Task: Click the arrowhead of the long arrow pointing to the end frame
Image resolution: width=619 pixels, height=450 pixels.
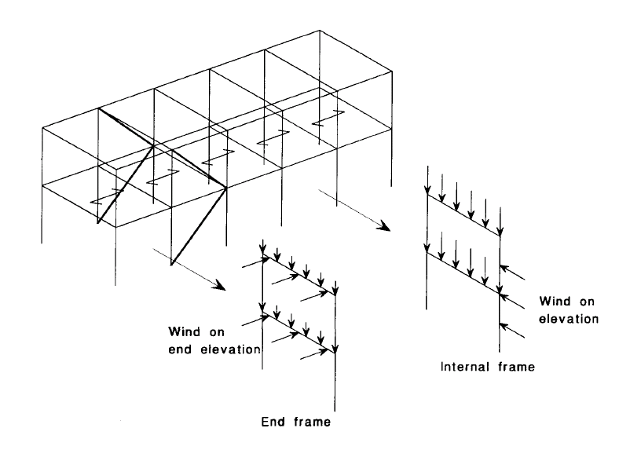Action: coord(214,284)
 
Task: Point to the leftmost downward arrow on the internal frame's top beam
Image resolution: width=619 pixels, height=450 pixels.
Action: coord(426,181)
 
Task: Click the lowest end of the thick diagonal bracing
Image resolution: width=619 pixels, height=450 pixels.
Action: coord(170,266)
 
